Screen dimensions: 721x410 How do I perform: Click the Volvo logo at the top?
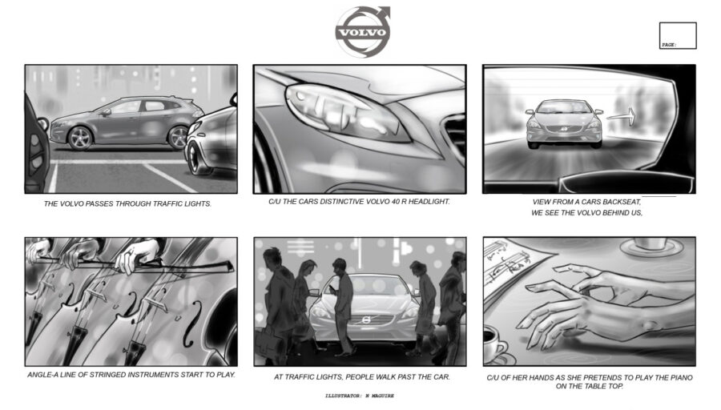click(363, 31)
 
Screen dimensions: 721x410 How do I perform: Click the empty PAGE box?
click(678, 35)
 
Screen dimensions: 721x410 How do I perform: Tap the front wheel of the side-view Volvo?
click(80, 138)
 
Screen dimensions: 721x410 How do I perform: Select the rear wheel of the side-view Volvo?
click(178, 137)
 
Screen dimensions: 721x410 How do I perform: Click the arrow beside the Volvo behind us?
click(621, 117)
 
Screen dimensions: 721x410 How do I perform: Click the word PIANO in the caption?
click(680, 377)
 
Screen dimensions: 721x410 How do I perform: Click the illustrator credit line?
click(360, 396)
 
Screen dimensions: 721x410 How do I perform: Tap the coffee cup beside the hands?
click(493, 344)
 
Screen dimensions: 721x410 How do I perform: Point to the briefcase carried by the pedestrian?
click(268, 344)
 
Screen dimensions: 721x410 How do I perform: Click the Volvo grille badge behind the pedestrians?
click(366, 320)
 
